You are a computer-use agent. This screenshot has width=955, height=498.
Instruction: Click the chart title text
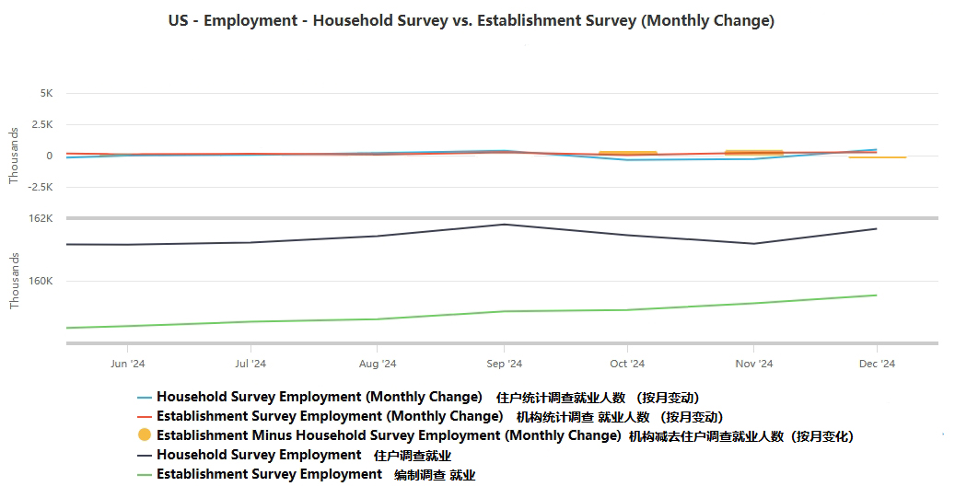pyautogui.click(x=472, y=21)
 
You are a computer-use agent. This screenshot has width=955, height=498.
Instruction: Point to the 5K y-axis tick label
pyautogui.click(x=47, y=93)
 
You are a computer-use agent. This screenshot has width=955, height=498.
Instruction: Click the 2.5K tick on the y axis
pyautogui.click(x=43, y=124)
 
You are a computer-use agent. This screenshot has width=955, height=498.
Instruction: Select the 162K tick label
pyautogui.click(x=41, y=218)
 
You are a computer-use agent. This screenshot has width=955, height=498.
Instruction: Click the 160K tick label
pyautogui.click(x=41, y=281)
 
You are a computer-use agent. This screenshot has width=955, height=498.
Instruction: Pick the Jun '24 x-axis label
pyautogui.click(x=127, y=364)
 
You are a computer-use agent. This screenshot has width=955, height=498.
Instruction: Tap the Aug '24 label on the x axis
pyautogui.click(x=378, y=364)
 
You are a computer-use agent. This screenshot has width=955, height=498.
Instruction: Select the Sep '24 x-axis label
pyautogui.click(x=503, y=364)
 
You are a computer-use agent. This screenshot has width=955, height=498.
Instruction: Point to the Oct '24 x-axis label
pyautogui.click(x=627, y=364)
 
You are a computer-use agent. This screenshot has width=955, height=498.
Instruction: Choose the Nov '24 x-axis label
pyautogui.click(x=753, y=364)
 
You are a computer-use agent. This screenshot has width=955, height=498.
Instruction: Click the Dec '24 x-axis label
pyautogui.click(x=877, y=364)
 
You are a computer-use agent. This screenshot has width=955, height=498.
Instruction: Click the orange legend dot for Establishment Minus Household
pyautogui.click(x=144, y=435)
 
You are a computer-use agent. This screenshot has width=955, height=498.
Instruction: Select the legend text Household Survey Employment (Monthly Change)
pyautogui.click(x=319, y=397)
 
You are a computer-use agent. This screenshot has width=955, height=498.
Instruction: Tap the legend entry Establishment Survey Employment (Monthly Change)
pyautogui.click(x=329, y=416)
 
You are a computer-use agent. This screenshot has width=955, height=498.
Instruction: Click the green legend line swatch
pyautogui.click(x=144, y=474)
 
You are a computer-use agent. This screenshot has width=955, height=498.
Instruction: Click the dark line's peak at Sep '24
pyautogui.click(x=503, y=225)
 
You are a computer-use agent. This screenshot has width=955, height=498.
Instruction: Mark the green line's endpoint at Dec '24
pyautogui.click(x=876, y=295)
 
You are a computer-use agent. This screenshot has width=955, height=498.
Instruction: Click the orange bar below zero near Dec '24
pyautogui.click(x=877, y=157)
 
